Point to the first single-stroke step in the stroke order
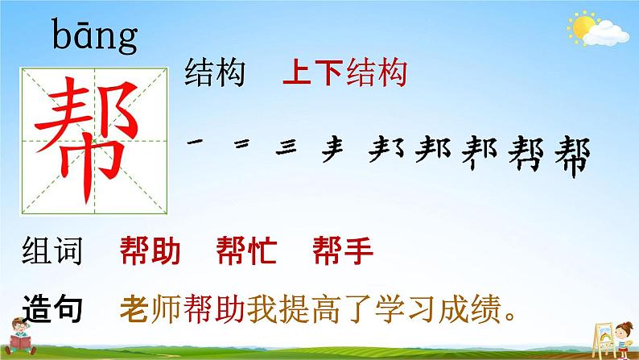(x=194, y=143)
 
